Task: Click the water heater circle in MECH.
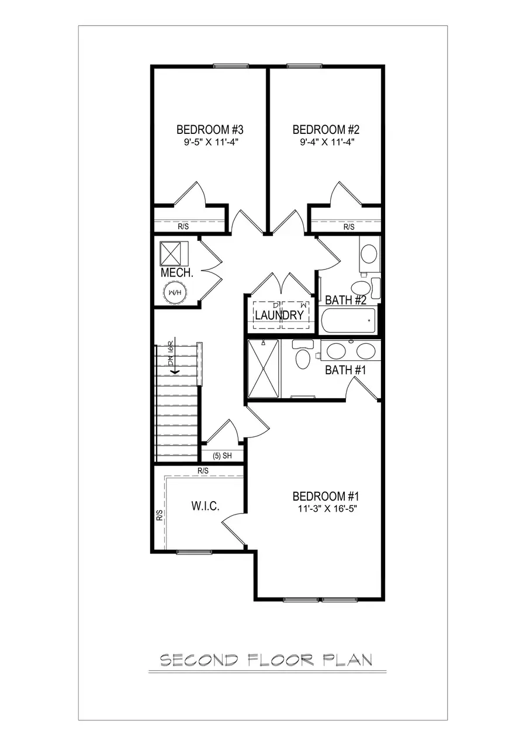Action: (174, 292)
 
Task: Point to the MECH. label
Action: (177, 273)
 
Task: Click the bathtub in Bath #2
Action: (348, 320)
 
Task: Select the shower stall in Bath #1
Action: (264, 369)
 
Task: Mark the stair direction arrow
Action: (173, 370)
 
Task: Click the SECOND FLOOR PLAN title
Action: (266, 660)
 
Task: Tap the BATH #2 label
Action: (345, 300)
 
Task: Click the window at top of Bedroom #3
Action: (231, 66)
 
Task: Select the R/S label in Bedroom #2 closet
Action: (349, 226)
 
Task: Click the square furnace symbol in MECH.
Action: (172, 254)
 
